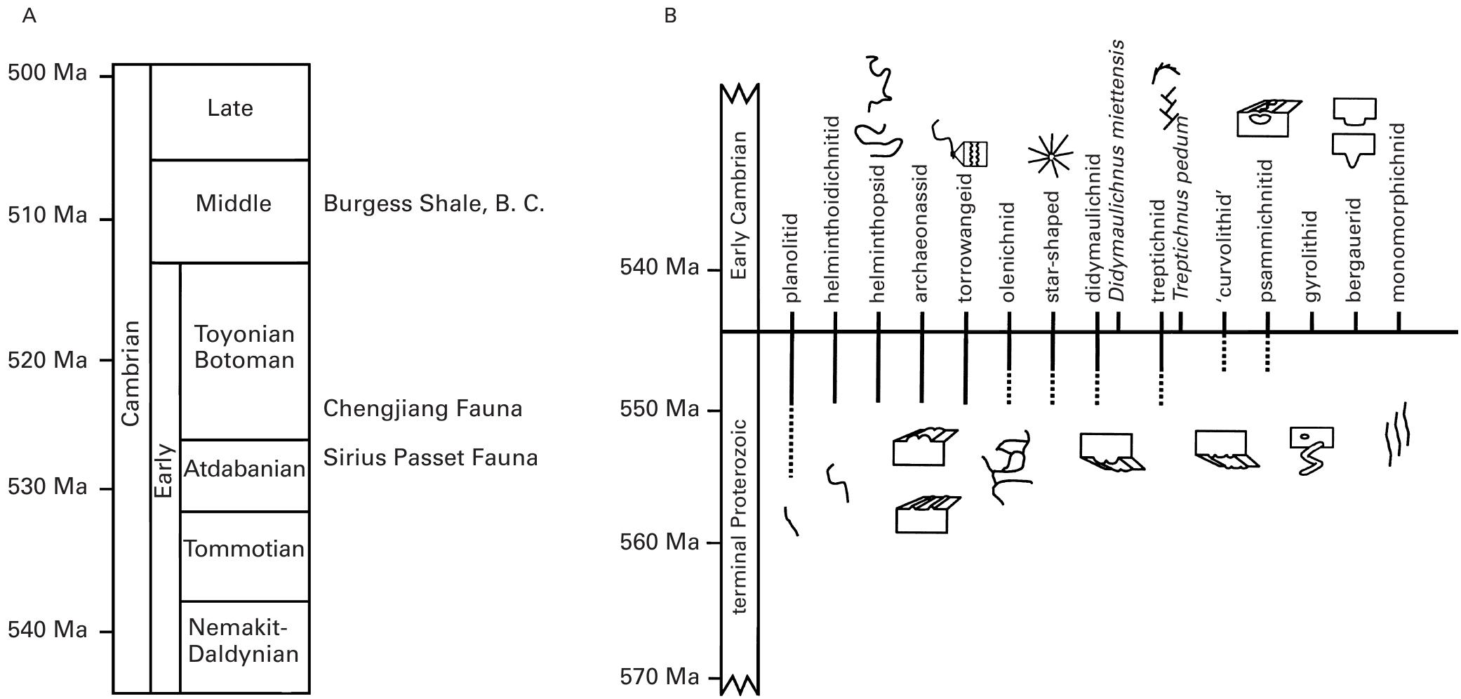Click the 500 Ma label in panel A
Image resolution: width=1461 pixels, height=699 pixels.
coord(47,73)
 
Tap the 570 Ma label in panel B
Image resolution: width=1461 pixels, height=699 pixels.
coord(659,677)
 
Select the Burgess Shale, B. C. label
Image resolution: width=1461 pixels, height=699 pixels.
coord(433,204)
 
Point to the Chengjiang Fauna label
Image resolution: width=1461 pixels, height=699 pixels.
coord(422,409)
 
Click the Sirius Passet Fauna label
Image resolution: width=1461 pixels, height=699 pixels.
coord(430,458)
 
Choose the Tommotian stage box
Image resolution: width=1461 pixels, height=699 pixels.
coord(244,549)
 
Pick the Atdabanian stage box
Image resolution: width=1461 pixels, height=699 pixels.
coord(244,469)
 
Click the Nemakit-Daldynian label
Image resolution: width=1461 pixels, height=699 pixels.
coord(243,641)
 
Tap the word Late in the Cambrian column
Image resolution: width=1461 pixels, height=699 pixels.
coord(230,108)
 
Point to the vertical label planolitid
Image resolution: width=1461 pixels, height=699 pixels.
coord(792,258)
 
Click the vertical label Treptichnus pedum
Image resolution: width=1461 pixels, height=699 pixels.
coord(1182,208)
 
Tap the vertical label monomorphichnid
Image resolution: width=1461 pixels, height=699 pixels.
coord(1399,213)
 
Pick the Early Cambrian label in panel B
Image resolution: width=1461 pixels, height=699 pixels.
coord(738,205)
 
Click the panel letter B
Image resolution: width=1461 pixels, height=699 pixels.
coord(670,15)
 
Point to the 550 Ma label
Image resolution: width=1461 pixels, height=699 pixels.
coord(659,409)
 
